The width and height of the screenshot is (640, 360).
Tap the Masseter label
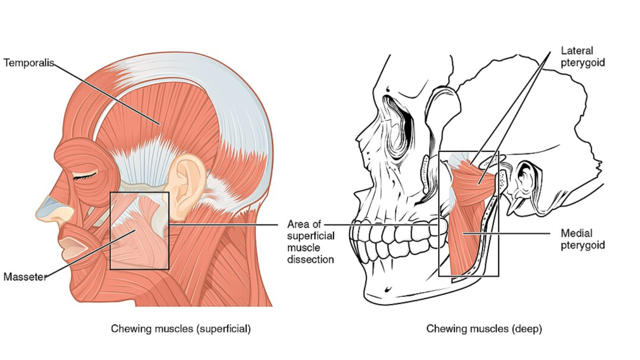24,276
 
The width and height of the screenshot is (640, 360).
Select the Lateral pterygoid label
583,56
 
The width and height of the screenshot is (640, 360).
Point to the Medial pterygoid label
583,239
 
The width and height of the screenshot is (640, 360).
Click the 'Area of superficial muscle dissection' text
310,241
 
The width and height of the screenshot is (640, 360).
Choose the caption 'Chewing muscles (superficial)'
180,328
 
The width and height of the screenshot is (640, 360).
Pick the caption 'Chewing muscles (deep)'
484,328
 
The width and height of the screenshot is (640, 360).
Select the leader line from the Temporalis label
105,92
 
